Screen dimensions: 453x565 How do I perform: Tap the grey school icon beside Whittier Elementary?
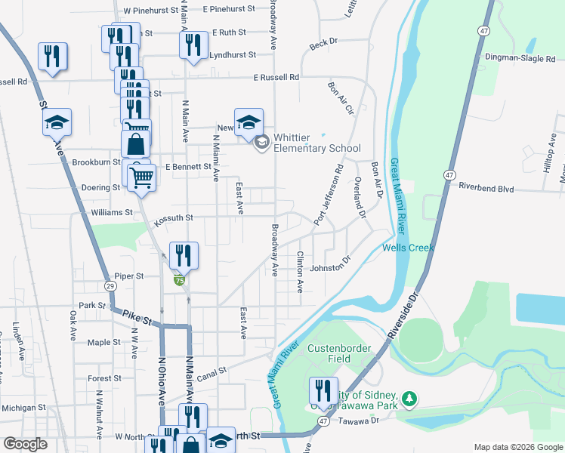click(x=261, y=142)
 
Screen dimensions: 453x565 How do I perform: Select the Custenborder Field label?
click(x=339, y=353)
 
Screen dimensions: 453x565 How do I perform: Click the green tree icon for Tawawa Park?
click(x=409, y=397)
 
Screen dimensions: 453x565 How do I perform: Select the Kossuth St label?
click(x=174, y=219)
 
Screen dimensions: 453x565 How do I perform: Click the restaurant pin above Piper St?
click(x=184, y=255)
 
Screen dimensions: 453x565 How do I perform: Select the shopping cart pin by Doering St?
click(x=141, y=178)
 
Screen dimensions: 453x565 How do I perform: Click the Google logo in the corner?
click(x=26, y=444)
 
